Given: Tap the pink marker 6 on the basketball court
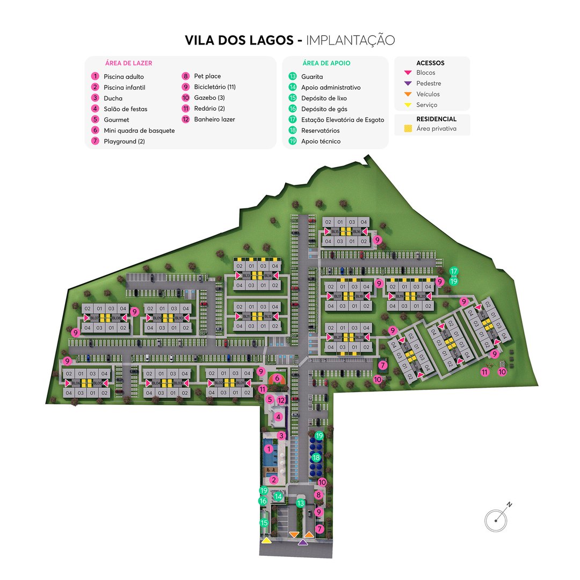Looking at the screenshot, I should pyautogui.click(x=277, y=378).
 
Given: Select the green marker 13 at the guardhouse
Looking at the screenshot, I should pyautogui.click(x=301, y=503).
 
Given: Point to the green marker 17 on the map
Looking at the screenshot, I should pyautogui.click(x=454, y=271).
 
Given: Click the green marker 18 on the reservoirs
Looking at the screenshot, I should pyautogui.click(x=316, y=458).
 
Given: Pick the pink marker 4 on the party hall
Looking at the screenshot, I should pyautogui.click(x=278, y=416).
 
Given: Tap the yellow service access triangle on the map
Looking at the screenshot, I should pyautogui.click(x=266, y=541).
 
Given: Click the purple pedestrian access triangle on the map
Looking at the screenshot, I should pyautogui.click(x=303, y=542).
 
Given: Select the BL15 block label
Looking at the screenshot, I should pyautogui.click(x=335, y=231).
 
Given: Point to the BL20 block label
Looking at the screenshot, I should pyautogui.click(x=422, y=296).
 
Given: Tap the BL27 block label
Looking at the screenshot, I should pyautogui.click(x=338, y=337).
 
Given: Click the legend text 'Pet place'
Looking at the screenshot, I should pyautogui.click(x=207, y=76).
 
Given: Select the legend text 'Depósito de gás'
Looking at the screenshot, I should pyautogui.click(x=324, y=109).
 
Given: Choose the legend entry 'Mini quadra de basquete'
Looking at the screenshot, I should pyautogui.click(x=139, y=130).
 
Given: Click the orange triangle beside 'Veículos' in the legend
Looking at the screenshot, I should pyautogui.click(x=408, y=94).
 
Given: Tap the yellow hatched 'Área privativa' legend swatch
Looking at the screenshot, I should pyautogui.click(x=408, y=129).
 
